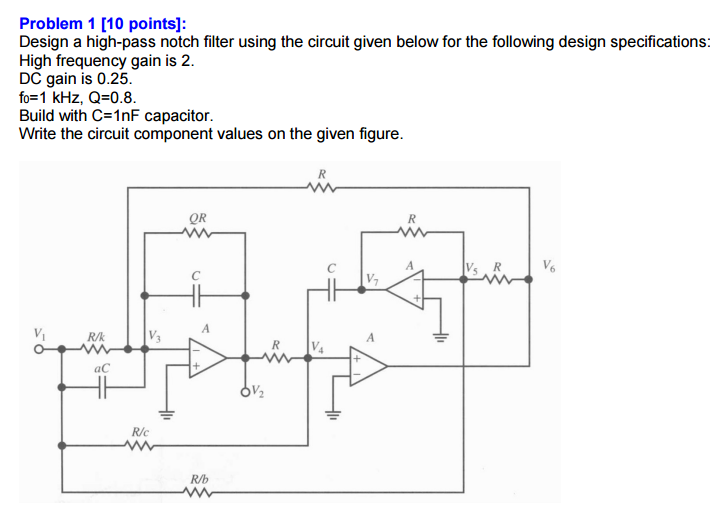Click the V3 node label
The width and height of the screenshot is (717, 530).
pos(155,334)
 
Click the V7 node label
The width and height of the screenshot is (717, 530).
pos(372,277)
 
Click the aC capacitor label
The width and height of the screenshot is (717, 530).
pos(100,368)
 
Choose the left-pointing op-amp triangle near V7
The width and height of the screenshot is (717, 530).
pos(406,289)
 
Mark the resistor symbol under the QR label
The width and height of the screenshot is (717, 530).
pos(197,235)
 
